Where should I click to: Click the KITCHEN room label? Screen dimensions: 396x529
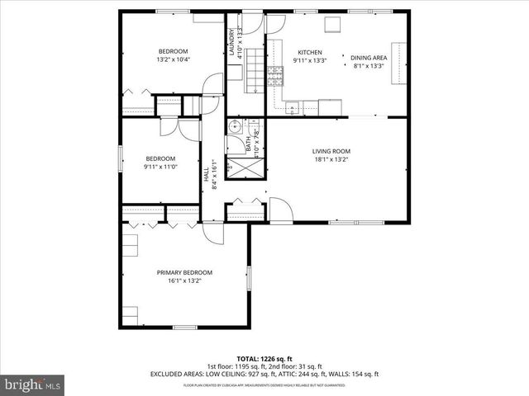click(309, 51)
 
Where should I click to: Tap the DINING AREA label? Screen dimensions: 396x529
click(369, 58)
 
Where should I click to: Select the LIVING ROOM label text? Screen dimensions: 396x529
click(331, 151)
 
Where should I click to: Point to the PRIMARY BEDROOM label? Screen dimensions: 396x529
click(184, 272)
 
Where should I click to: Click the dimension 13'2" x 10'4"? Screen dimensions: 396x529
click(174, 59)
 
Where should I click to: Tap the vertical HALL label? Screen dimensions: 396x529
click(206, 175)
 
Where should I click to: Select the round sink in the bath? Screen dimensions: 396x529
click(236, 127)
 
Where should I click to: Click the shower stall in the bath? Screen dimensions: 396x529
click(245, 166)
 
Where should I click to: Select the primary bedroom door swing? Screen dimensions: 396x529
click(213, 232)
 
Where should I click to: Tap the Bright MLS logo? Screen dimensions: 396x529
click(33, 384)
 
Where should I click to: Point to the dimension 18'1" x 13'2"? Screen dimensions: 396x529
click(331, 160)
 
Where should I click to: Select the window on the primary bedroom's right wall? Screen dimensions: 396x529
click(249, 277)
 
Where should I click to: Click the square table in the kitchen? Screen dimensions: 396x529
click(335, 25)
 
